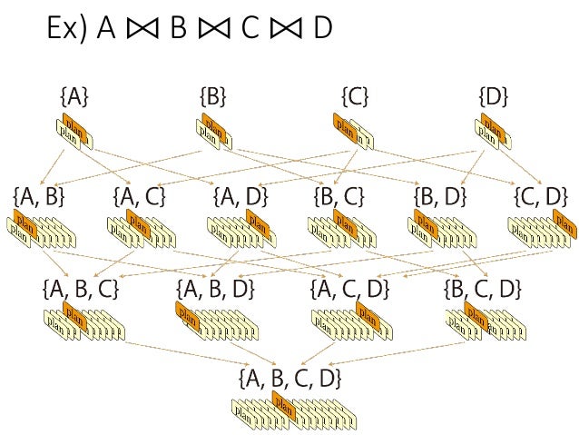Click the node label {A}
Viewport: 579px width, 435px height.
[x=74, y=95]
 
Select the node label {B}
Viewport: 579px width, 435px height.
[x=212, y=95]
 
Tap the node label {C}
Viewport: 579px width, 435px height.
[x=355, y=95]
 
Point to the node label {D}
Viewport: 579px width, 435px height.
[x=493, y=95]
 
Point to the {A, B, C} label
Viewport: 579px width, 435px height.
[x=80, y=289]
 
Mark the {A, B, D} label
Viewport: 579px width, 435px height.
[x=215, y=289]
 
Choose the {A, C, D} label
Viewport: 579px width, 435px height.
[x=349, y=289]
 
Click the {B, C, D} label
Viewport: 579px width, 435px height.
[x=483, y=289]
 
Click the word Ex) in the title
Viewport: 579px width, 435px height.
[x=69, y=29]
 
